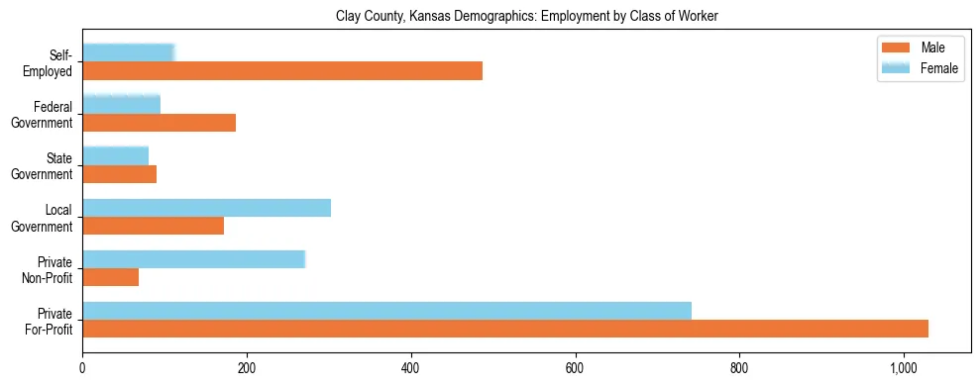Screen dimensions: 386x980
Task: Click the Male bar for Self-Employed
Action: pyautogui.click(x=282, y=71)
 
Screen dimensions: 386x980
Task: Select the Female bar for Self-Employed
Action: pyautogui.click(x=129, y=52)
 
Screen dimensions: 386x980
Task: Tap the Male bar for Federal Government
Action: pyautogui.click(x=159, y=123)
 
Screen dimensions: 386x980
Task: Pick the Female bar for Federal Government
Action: pyautogui.click(x=121, y=104)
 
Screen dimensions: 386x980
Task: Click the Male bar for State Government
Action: pyautogui.click(x=119, y=174)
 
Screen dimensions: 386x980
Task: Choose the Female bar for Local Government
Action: pyautogui.click(x=206, y=207)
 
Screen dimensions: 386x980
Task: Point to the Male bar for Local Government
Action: pyautogui.click(x=153, y=226)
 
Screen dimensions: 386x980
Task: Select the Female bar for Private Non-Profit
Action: pyautogui.click(x=193, y=258)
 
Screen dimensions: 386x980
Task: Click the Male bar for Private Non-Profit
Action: pyautogui.click(x=110, y=277)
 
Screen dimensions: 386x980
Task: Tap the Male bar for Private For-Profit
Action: pyautogui.click(x=505, y=329)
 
